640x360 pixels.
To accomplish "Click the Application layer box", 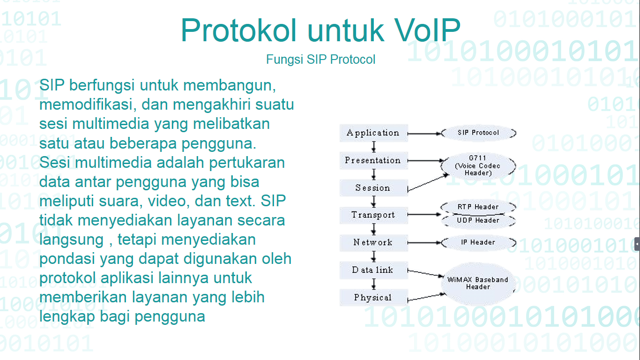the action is [373, 133].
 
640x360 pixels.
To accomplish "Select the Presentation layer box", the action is [373, 160].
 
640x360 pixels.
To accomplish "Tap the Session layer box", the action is [373, 188].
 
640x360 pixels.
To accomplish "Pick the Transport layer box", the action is [373, 215].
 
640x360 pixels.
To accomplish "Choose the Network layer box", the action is [373, 242].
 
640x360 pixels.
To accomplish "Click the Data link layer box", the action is [373, 270].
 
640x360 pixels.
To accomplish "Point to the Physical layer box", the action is [373, 298].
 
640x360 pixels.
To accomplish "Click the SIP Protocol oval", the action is [478, 133].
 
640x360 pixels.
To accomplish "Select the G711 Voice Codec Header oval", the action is [478, 166].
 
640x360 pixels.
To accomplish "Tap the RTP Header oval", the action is [478, 207].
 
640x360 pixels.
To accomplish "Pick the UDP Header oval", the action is [478, 220].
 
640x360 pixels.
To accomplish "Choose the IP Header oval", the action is [478, 242].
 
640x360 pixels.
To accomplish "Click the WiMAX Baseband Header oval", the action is [478, 283].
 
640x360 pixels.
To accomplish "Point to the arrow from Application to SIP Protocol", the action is [424, 133].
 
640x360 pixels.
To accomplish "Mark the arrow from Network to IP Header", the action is [424, 243].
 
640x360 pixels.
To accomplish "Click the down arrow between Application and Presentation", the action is [373, 147].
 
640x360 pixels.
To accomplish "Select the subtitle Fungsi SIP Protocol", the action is [320, 60].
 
